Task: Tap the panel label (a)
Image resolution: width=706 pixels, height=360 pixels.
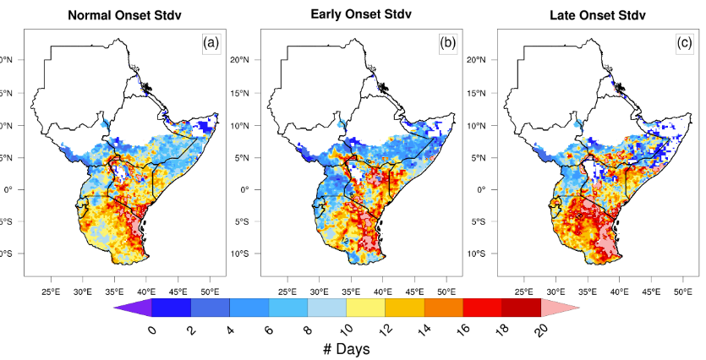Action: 211,41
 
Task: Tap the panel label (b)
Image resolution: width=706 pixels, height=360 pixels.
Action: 448,41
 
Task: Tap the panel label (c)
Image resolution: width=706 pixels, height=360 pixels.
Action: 684,41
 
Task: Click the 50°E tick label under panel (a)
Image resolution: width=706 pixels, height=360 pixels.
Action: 211,292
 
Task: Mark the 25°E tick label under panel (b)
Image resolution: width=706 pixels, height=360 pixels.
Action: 287,292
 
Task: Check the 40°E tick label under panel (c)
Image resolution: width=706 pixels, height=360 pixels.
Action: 619,292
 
